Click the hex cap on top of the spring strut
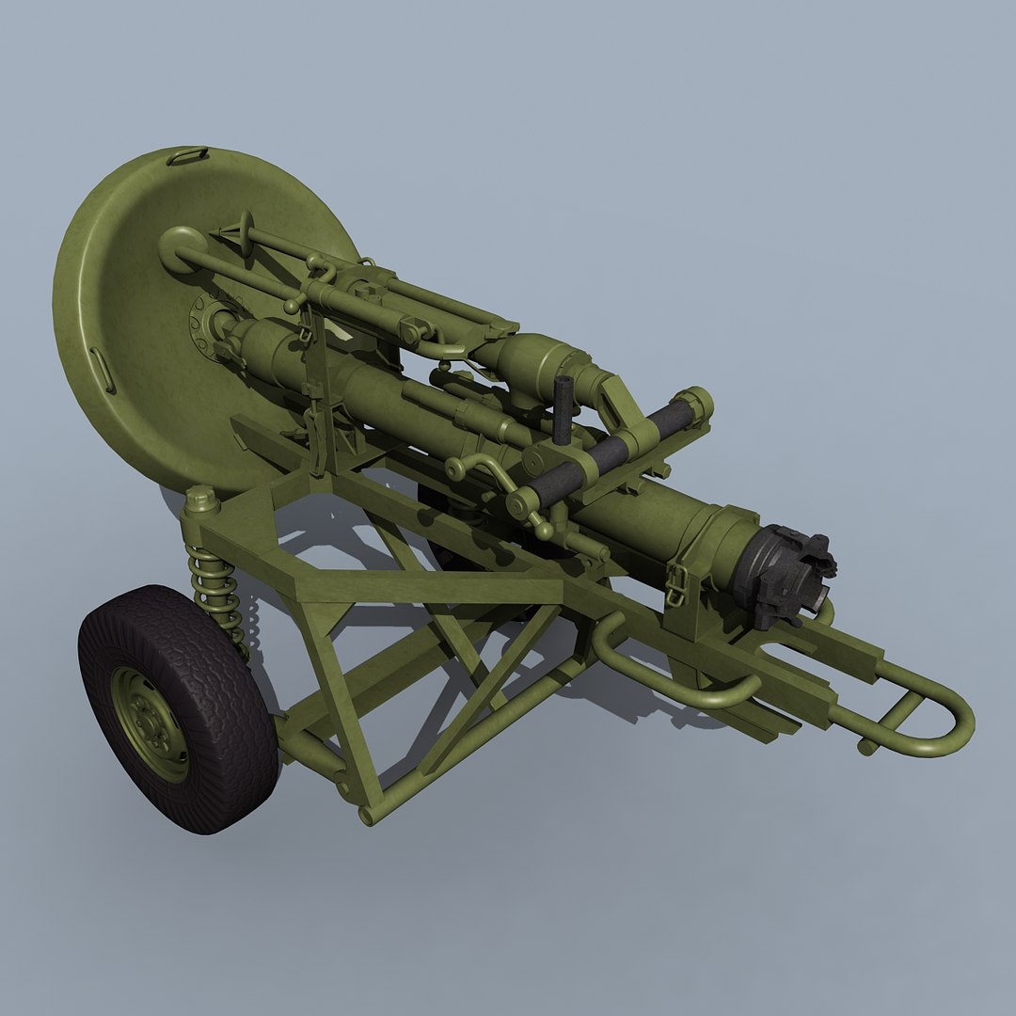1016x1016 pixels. pos(200,499)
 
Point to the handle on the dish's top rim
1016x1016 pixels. pos(187,156)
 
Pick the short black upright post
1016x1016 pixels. pos(563,408)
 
